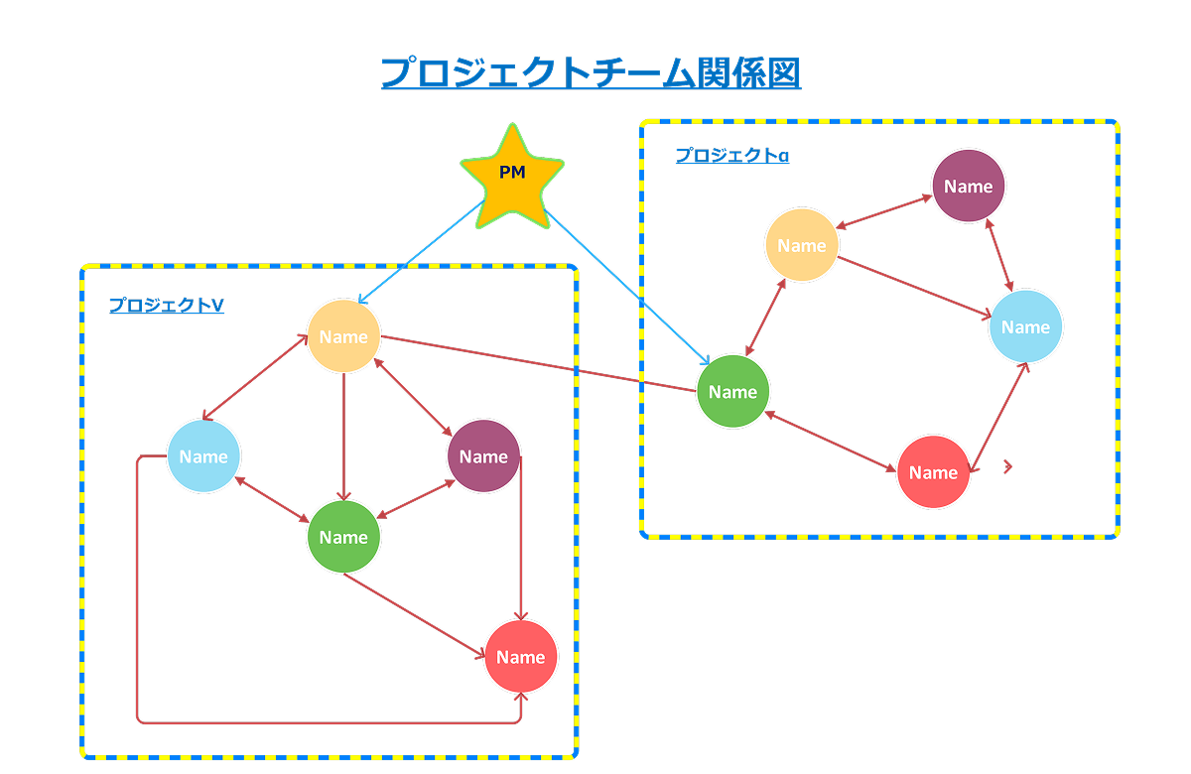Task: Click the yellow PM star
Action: point(512,177)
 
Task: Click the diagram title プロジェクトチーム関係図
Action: point(591,72)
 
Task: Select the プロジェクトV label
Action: point(167,306)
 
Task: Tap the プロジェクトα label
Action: point(732,155)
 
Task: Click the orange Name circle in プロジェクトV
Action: point(344,336)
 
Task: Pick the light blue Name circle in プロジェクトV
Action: point(203,456)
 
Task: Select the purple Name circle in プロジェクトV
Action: point(483,456)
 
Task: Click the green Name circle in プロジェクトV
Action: point(344,537)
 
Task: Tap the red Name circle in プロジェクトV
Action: point(520,657)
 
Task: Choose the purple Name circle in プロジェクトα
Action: point(969,187)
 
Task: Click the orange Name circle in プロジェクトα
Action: point(802,245)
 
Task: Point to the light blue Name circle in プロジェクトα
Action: point(1025,326)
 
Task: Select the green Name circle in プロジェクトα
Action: point(732,391)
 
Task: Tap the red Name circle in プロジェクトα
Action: point(933,472)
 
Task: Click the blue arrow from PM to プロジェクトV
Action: point(420,252)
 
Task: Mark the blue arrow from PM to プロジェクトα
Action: point(627,288)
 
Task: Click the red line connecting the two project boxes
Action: point(539,363)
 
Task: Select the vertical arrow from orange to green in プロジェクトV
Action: point(344,437)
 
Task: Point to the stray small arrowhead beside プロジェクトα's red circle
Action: point(1007,466)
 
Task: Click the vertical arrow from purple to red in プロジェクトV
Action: point(521,538)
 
